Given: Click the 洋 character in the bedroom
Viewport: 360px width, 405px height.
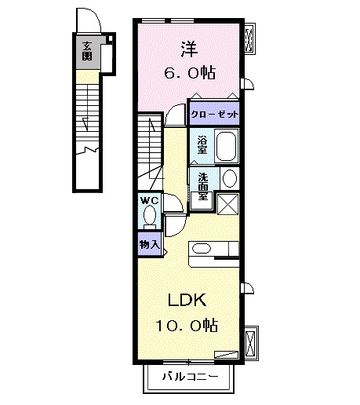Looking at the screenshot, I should pos(190,49).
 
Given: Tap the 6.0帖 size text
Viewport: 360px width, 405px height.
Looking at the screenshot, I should pos(189,72).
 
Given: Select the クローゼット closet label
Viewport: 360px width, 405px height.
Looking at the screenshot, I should pos(214,112).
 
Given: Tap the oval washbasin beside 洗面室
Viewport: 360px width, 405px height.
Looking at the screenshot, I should pos(228,178).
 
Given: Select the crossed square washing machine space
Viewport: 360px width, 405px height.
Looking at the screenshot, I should pos(228,202).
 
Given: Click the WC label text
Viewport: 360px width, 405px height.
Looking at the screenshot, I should pos(149,200).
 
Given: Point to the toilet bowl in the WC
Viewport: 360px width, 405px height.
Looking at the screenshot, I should pos(151,217).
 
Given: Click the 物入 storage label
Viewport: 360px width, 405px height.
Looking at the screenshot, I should pos(149,244).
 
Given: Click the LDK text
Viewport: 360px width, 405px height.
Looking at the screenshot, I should pos(187,299).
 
